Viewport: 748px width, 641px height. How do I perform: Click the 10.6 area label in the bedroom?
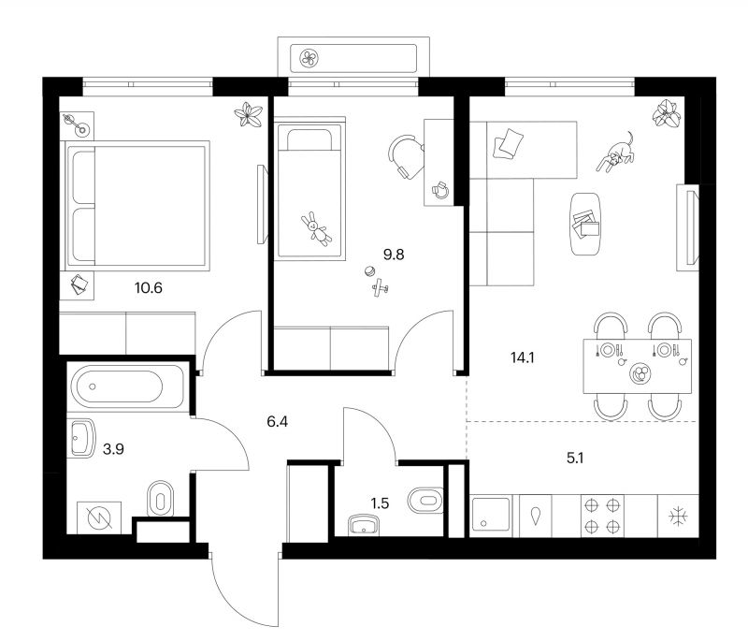pyautogui.click(x=149, y=288)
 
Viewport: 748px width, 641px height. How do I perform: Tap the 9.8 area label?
pyautogui.click(x=394, y=255)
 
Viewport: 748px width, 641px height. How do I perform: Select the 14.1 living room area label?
pyautogui.click(x=523, y=357)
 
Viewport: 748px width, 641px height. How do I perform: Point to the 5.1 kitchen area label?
pyautogui.click(x=575, y=459)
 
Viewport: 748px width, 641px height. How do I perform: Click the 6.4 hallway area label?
pyautogui.click(x=277, y=422)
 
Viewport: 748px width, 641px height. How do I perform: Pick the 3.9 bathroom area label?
pyautogui.click(x=113, y=449)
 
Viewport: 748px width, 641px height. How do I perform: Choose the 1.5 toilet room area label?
pyautogui.click(x=380, y=503)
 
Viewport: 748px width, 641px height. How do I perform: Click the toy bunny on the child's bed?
pyautogui.click(x=316, y=228)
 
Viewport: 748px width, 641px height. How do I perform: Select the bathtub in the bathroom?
pyautogui.click(x=127, y=386)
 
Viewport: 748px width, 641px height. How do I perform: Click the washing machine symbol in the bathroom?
pyautogui.click(x=99, y=517)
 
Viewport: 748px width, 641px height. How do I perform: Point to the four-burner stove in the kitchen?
pyautogui.click(x=602, y=516)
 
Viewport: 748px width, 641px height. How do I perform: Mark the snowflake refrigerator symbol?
pyautogui.click(x=678, y=517)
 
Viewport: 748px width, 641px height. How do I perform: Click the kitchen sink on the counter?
pyautogui.click(x=491, y=516)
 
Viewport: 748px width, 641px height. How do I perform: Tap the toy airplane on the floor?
pyautogui.click(x=381, y=287)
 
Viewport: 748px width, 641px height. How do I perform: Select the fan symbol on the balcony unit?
pyautogui.click(x=309, y=58)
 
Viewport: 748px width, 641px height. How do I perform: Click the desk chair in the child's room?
pyautogui.click(x=406, y=156)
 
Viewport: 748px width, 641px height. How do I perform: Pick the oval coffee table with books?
pyautogui.click(x=585, y=225)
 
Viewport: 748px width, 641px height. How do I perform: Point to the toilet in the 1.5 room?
pyautogui.click(x=425, y=501)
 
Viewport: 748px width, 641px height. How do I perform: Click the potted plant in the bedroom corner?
pyautogui.click(x=249, y=115)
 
